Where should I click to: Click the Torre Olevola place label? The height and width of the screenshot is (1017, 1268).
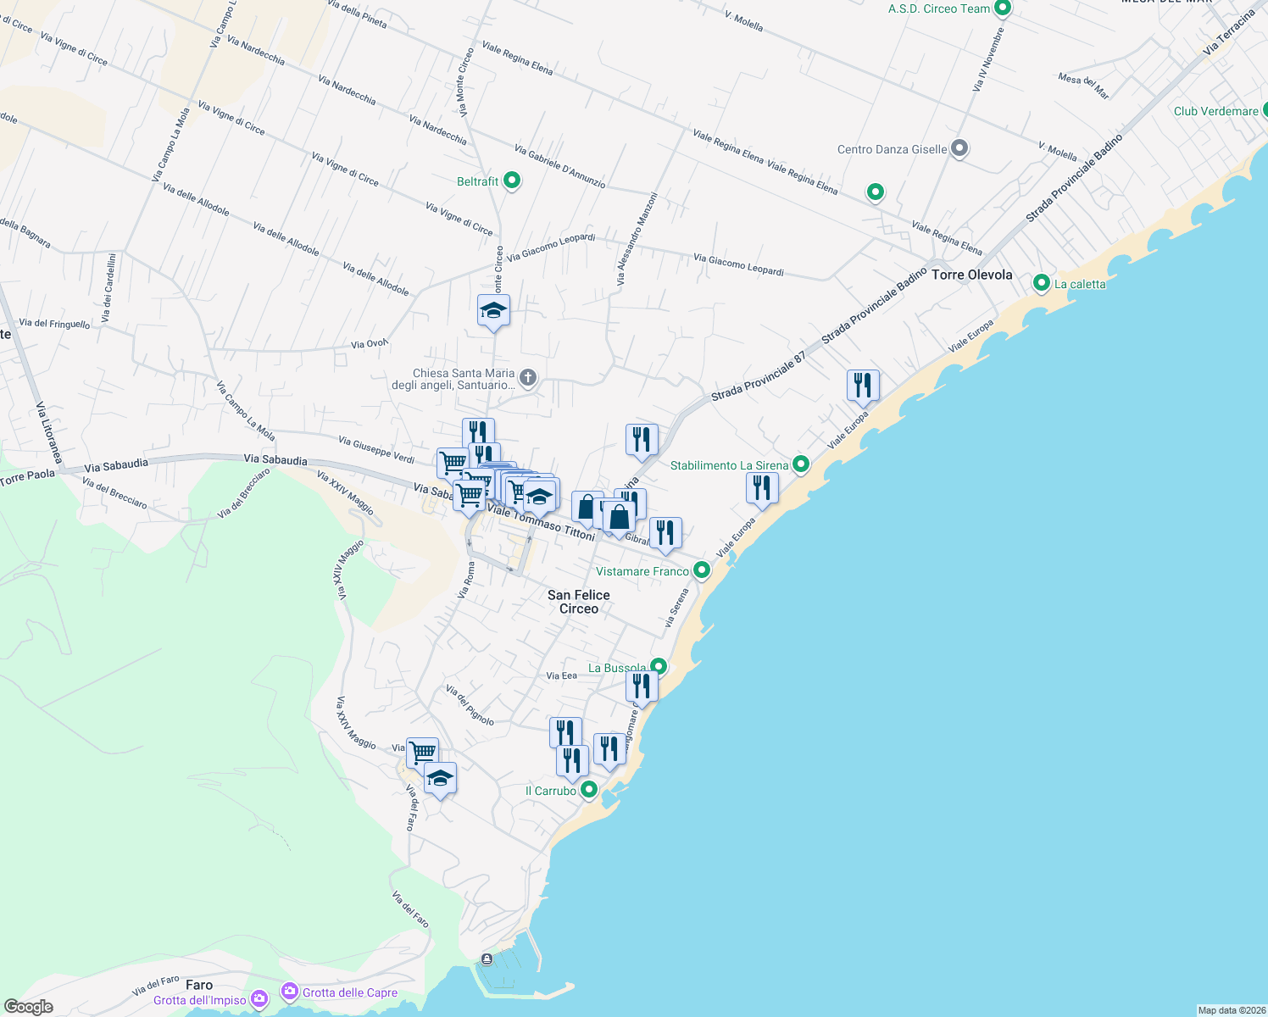[x=971, y=275]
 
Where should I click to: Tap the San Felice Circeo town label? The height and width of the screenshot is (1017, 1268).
[x=579, y=602]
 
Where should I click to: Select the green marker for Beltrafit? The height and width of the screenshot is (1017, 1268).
[x=511, y=181]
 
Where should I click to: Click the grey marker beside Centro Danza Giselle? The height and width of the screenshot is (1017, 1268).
[x=959, y=148]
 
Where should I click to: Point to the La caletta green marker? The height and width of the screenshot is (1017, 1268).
[x=1042, y=283]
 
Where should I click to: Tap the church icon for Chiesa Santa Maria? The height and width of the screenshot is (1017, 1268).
[x=527, y=377]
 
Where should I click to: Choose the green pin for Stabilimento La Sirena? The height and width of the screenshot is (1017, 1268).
[x=800, y=464]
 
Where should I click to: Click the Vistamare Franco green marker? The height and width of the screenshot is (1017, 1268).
[x=701, y=570]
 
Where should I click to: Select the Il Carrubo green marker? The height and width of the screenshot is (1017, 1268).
[x=588, y=790]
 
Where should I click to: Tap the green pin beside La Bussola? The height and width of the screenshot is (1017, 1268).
[x=658, y=666]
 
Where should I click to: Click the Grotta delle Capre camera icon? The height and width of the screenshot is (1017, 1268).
[x=290, y=992]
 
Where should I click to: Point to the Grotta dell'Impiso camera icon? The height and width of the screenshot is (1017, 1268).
[x=259, y=999]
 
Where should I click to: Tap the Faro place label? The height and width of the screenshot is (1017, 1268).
[x=199, y=985]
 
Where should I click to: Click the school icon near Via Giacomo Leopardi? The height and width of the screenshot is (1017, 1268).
[x=493, y=311]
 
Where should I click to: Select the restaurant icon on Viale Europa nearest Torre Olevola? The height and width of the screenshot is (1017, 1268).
[x=862, y=386]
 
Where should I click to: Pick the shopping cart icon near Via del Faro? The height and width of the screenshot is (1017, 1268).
[x=421, y=752]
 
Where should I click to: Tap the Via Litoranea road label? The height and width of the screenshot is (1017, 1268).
[x=49, y=433]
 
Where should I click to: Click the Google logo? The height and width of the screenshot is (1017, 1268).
[x=29, y=1007]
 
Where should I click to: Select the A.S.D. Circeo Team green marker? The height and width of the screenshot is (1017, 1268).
[x=1002, y=8]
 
